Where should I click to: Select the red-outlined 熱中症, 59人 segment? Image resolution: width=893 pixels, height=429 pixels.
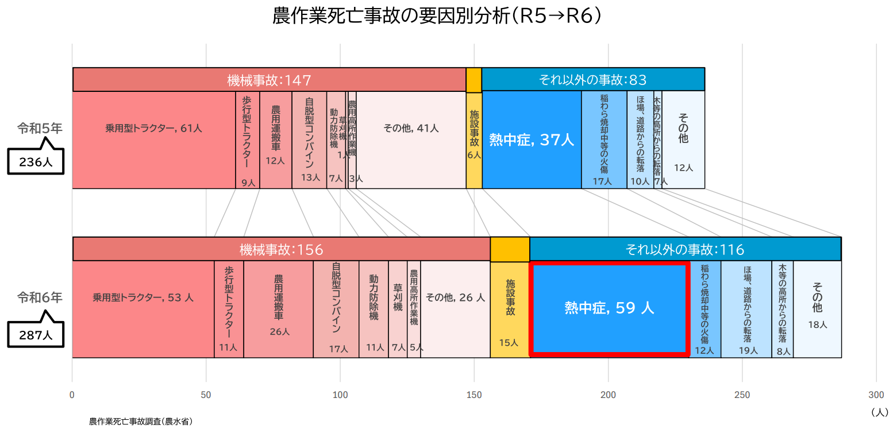pyautogui.click(x=609, y=308)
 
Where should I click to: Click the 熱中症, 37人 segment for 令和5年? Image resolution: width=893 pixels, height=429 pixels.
pyautogui.click(x=532, y=140)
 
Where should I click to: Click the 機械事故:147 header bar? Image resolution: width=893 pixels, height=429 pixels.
pyautogui.click(x=269, y=80)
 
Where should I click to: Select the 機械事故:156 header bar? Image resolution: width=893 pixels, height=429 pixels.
pyautogui.click(x=281, y=249)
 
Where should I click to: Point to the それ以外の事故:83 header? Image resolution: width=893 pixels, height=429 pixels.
pyautogui.click(x=592, y=80)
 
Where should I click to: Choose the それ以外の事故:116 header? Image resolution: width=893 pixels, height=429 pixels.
pyautogui.click(x=685, y=249)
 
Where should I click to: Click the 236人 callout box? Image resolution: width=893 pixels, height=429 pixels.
pyautogui.click(x=36, y=162)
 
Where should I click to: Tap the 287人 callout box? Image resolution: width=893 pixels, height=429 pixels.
pyautogui.click(x=36, y=335)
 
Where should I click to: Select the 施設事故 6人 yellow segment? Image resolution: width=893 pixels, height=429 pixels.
pyautogui.click(x=474, y=140)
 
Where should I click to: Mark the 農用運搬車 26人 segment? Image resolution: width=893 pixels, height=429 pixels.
pyautogui.click(x=278, y=309)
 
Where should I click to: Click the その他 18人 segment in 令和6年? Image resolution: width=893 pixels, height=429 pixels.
pyautogui.click(x=817, y=309)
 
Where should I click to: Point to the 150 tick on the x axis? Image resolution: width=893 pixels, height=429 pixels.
pyautogui.click(x=474, y=395)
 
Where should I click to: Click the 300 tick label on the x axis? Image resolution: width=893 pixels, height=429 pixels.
pyautogui.click(x=876, y=395)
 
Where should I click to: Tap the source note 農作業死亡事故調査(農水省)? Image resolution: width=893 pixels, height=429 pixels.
pyautogui.click(x=140, y=422)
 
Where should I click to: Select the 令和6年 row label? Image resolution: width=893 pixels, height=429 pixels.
pyautogui.click(x=39, y=297)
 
